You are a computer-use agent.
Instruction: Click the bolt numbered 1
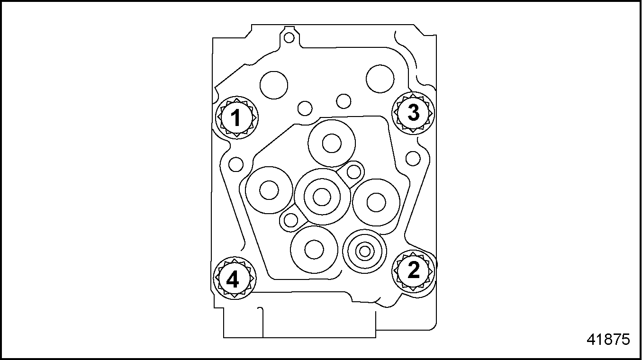[237, 117]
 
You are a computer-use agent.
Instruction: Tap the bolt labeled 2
[413, 271]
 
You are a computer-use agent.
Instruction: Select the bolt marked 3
[413, 113]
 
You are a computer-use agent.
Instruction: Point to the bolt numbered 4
[235, 279]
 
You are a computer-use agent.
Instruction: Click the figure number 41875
[608, 340]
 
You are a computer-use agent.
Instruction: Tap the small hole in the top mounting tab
[289, 37]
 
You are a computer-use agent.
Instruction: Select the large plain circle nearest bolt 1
[274, 85]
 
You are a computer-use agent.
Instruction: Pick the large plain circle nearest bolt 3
[380, 79]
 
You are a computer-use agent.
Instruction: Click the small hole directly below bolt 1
[236, 164]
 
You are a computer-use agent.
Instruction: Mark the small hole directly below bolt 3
[413, 159]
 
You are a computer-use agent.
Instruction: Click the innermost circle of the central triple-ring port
[322, 197]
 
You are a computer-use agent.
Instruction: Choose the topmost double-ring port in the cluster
[332, 144]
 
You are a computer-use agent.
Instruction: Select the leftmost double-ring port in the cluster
[269, 190]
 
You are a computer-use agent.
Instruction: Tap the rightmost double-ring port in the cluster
[376, 202]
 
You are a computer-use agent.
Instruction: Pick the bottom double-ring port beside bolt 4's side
[314, 249]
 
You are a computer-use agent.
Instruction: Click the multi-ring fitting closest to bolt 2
[364, 252]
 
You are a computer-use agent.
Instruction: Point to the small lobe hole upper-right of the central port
[353, 172]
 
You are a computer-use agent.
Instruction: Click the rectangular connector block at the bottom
[299, 323]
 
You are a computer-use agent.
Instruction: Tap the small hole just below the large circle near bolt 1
[305, 108]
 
